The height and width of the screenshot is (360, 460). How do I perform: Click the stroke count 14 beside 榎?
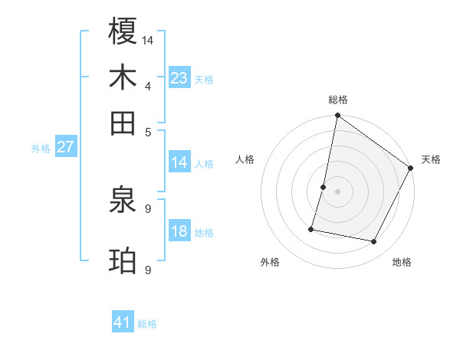(x=148, y=39)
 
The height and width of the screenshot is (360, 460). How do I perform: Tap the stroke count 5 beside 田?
(x=147, y=131)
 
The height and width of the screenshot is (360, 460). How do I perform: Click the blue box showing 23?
(x=179, y=77)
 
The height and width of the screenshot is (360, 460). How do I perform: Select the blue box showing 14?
(x=179, y=162)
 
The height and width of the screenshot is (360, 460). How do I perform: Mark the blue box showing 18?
(x=179, y=231)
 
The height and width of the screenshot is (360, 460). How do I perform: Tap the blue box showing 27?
(x=65, y=147)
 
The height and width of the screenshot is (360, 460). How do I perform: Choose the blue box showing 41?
(x=123, y=322)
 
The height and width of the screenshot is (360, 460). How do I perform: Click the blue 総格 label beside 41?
(x=147, y=324)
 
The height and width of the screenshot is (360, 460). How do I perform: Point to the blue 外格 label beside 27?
(x=41, y=149)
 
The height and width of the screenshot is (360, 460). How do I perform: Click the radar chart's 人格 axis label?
(x=245, y=159)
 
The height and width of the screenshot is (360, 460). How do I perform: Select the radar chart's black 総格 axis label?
(x=337, y=100)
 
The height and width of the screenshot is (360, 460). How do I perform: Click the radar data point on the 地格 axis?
(x=374, y=242)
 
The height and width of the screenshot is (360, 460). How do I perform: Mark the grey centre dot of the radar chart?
(x=337, y=191)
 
